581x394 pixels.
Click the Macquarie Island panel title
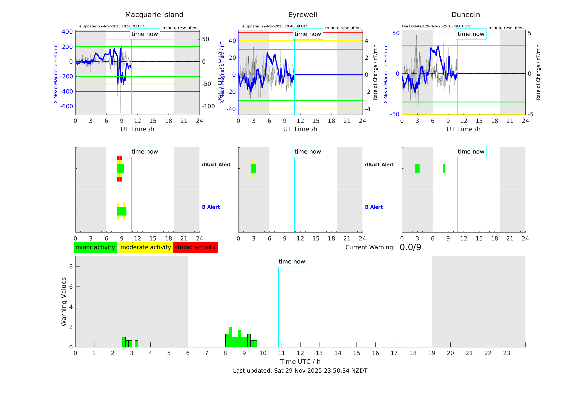click(154, 15)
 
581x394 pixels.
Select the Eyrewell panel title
click(302, 15)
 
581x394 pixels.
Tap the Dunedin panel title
click(465, 15)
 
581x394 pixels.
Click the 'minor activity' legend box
click(95, 247)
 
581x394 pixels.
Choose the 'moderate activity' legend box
click(145, 247)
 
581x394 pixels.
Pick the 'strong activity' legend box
click(195, 247)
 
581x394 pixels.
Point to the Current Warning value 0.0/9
click(410, 247)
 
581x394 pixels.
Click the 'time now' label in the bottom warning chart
click(292, 262)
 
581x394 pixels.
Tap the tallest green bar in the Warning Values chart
click(230, 337)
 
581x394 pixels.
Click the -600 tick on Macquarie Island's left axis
click(67, 106)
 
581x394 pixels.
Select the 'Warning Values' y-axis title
click(64, 302)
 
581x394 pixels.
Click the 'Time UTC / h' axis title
click(300, 362)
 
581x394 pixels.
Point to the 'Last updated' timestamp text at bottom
click(300, 371)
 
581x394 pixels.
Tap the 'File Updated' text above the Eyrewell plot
click(273, 26)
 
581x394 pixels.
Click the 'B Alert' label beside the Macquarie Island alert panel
click(211, 207)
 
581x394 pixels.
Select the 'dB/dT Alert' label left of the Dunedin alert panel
click(379, 165)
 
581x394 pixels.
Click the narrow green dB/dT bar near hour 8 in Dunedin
click(444, 169)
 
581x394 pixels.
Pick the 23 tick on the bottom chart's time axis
click(506, 353)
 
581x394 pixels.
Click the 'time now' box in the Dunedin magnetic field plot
click(471, 34)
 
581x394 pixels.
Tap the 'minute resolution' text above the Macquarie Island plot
click(180, 28)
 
